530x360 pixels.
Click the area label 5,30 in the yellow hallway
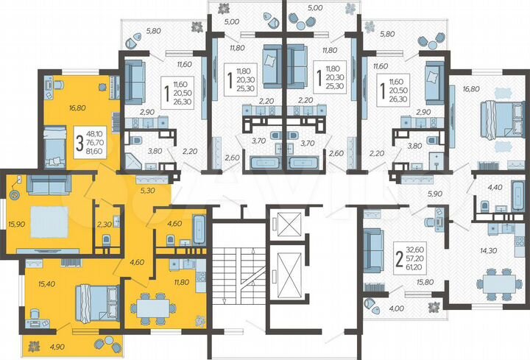147,190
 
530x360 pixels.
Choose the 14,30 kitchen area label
487,250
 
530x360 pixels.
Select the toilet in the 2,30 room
107,239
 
